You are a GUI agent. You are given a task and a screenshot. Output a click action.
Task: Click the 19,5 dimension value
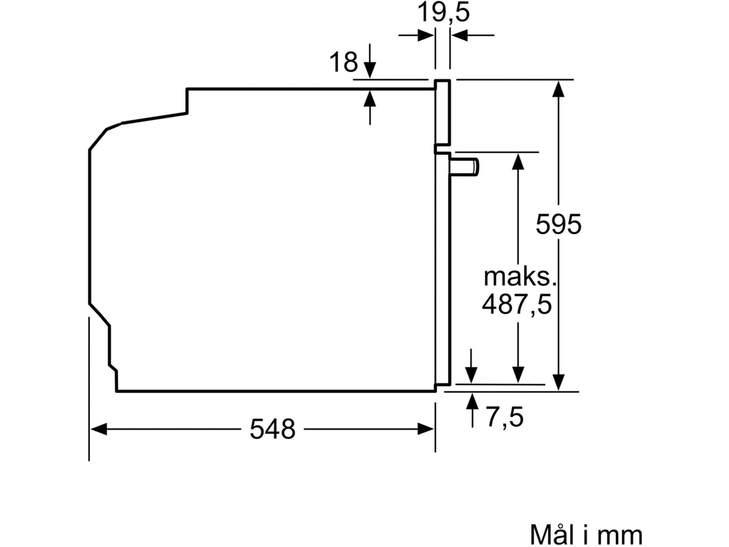(443, 12)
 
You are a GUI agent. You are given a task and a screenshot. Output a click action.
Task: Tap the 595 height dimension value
(558, 224)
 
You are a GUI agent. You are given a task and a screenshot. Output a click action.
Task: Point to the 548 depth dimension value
(272, 429)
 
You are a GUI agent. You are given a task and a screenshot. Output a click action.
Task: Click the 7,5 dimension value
(505, 418)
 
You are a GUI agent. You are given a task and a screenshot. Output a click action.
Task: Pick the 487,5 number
(517, 305)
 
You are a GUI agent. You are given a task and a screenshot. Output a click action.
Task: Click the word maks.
(520, 278)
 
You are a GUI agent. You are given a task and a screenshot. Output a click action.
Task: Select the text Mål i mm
(586, 535)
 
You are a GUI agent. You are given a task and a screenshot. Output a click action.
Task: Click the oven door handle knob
(464, 167)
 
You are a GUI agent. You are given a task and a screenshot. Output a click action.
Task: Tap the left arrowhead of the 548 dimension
(98, 429)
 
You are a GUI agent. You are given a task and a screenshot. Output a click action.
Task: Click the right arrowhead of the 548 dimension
(426, 429)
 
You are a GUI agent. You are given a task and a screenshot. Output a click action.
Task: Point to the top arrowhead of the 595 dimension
(558, 89)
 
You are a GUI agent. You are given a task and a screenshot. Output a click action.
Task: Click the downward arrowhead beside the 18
(370, 70)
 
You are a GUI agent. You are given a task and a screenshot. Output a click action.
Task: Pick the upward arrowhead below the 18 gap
(370, 98)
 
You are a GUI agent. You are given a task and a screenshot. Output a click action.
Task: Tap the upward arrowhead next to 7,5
(473, 401)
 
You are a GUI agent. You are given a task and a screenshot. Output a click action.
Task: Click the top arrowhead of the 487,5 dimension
(518, 161)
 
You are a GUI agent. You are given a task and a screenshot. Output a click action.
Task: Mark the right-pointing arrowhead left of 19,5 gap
(426, 35)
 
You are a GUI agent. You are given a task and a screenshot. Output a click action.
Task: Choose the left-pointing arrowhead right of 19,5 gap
(459, 35)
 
